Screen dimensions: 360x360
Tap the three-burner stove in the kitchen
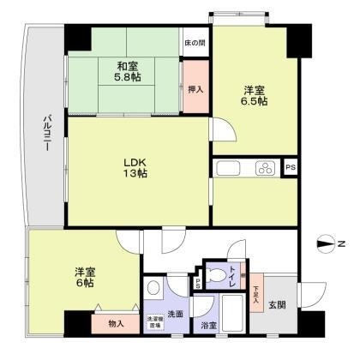coord(264,168)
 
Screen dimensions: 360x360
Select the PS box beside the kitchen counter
coord(291,168)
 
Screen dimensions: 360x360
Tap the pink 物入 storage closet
coord(117,324)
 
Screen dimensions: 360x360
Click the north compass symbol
coord(326,244)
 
